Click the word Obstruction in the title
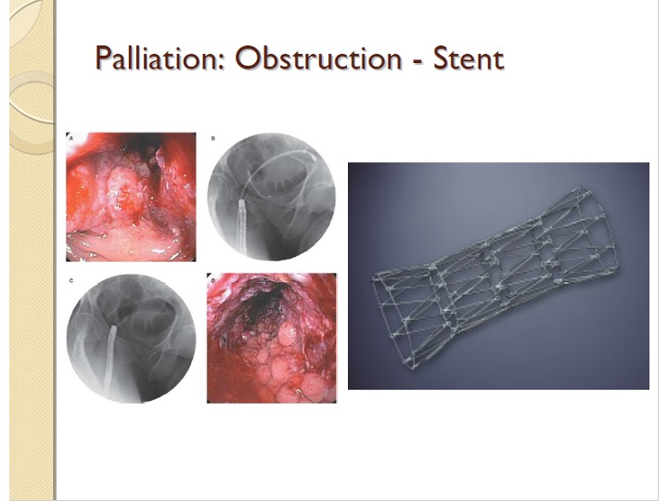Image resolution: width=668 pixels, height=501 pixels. click(317, 58)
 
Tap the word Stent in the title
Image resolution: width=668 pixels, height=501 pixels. click(469, 58)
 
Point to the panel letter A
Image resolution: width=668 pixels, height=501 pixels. click(71, 138)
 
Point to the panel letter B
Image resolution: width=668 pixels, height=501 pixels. click(213, 138)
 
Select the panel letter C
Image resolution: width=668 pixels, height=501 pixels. click(71, 281)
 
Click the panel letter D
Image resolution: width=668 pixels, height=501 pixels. click(213, 280)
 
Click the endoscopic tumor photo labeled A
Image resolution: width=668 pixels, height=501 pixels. click(131, 197)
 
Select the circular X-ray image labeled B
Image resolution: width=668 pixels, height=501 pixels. click(271, 197)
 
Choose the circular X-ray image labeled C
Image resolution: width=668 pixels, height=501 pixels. click(131, 339)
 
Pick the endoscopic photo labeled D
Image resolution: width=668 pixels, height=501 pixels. click(271, 339)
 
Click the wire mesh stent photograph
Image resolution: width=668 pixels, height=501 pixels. click(498, 276)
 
